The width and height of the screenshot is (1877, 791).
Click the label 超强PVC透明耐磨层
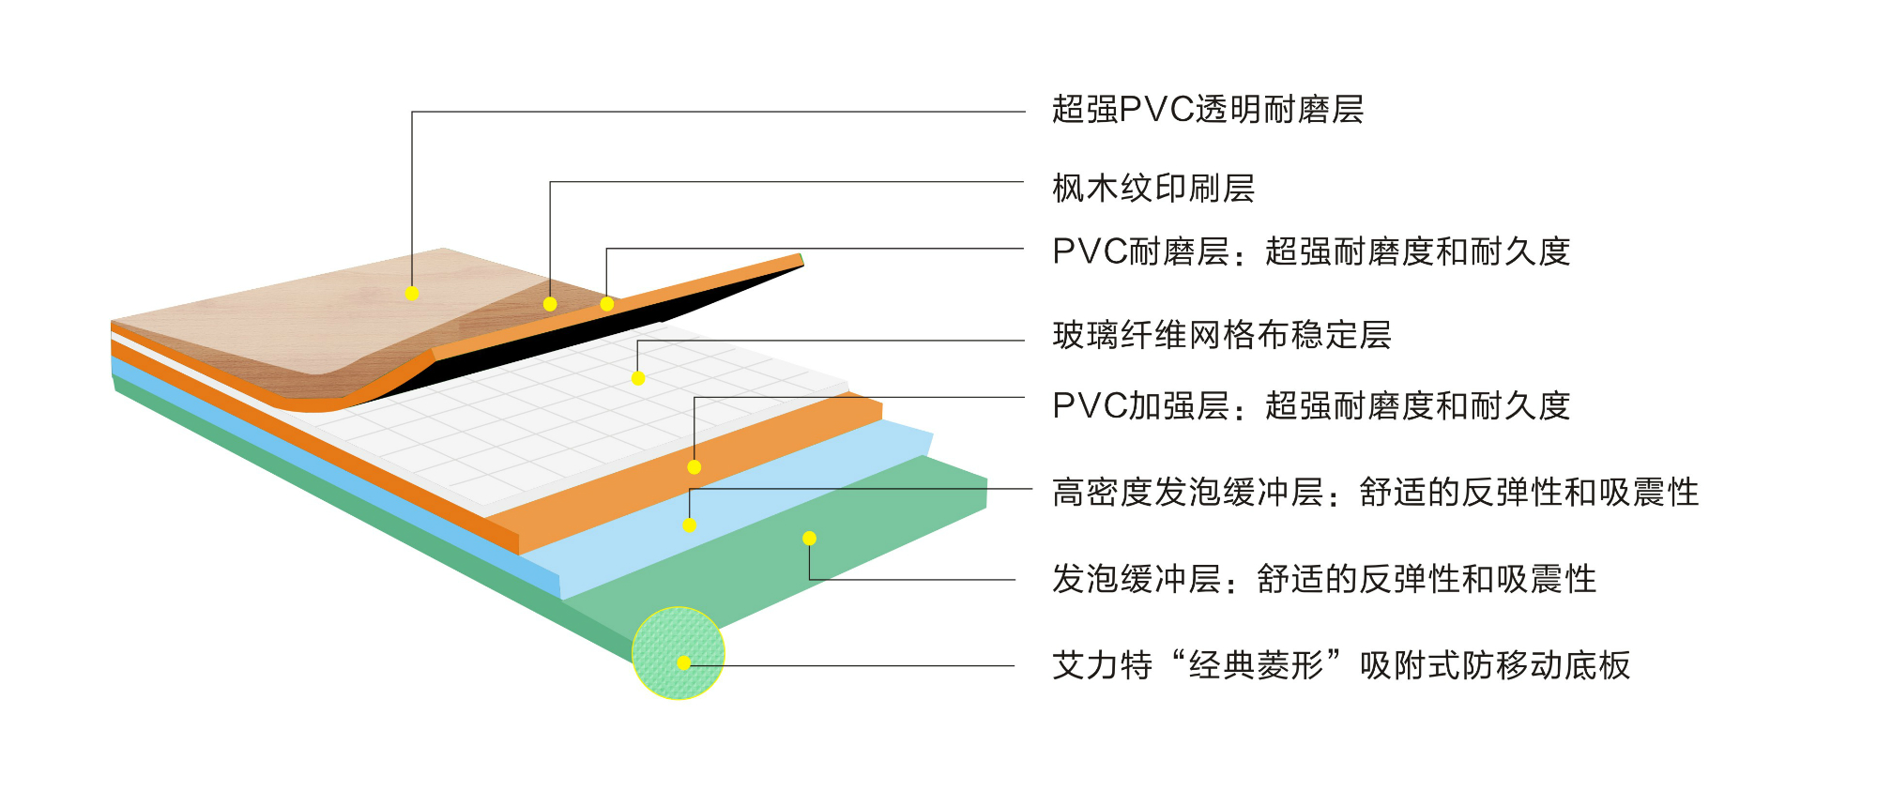pyautogui.click(x=1207, y=110)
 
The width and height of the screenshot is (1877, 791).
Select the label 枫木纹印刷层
pyautogui.click(x=1153, y=189)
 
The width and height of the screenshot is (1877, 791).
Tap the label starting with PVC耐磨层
pyautogui.click(x=1311, y=251)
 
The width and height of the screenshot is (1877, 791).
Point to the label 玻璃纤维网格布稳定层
pyautogui.click(x=1221, y=335)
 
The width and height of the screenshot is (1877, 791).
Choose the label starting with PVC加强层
pyautogui.click(x=1311, y=406)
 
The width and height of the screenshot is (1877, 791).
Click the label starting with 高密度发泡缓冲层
pyautogui.click(x=1375, y=493)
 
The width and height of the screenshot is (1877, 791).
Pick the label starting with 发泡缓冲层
pyautogui.click(x=1323, y=579)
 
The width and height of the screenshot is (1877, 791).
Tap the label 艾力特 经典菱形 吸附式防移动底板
pyautogui.click(x=1341, y=665)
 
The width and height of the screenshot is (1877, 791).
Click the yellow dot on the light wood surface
pyautogui.click(x=412, y=294)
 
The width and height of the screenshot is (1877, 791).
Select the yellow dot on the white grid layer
pyautogui.click(x=638, y=379)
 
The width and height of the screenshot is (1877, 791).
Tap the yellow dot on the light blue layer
pyautogui.click(x=690, y=525)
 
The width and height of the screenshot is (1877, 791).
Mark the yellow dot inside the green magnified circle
pyautogui.click(x=684, y=663)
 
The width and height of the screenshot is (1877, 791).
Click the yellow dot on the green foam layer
pyautogui.click(x=809, y=539)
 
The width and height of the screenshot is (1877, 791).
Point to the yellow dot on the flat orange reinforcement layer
pyautogui.click(x=694, y=467)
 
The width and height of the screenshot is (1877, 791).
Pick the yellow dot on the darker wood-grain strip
pyautogui.click(x=550, y=304)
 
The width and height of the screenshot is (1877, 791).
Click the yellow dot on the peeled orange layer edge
pyautogui.click(x=607, y=304)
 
